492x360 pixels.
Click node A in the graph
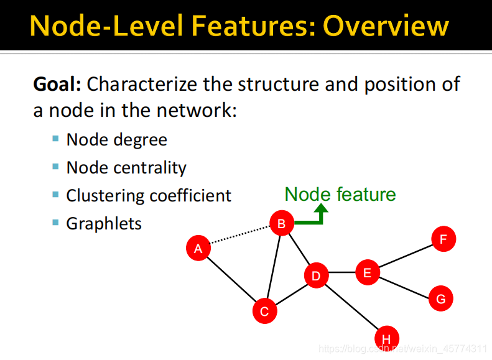198,249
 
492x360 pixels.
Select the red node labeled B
281,223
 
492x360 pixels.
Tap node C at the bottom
264,311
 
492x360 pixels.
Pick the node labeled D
316,275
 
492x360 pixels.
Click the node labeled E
367,272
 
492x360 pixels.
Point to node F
443,239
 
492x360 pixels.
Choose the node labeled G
441,298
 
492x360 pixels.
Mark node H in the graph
386,338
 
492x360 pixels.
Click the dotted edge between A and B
240,236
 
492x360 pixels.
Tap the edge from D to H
351,307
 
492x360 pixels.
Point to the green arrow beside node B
314,218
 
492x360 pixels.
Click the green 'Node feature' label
340,194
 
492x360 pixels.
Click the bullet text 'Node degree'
116,139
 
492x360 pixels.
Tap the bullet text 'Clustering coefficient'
149,195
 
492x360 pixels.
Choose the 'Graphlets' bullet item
104,223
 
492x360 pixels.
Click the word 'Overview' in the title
386,25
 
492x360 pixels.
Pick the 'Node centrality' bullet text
126,167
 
